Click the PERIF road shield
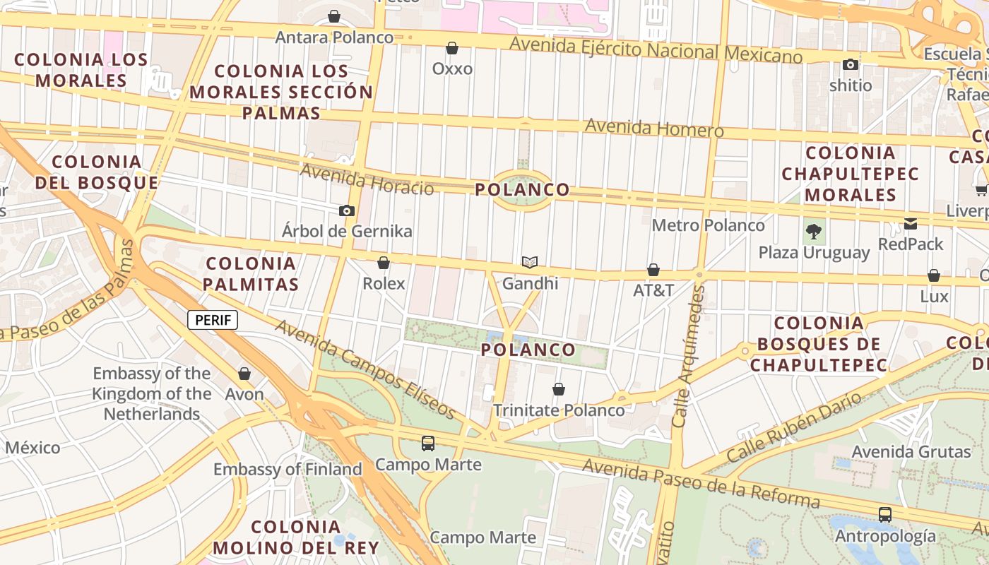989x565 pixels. [213, 320]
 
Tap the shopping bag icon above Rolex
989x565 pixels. [384, 263]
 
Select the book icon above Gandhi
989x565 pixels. [530, 262]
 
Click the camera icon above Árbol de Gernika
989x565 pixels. [346, 210]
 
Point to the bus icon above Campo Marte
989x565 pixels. [428, 444]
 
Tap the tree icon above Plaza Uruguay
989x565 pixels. [814, 231]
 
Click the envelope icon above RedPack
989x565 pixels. [911, 224]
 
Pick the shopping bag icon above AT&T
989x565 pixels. [653, 270]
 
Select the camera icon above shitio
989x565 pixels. [851, 65]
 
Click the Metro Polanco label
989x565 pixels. [708, 225]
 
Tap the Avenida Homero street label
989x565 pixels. [654, 129]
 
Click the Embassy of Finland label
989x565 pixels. [288, 469]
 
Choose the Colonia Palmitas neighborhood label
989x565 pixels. [251, 274]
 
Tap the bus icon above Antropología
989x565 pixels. [885, 514]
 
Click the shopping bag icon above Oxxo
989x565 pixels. [452, 48]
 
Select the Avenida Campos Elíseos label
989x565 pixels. [365, 368]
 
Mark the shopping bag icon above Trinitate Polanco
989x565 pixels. [559, 389]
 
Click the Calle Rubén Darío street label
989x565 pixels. [794, 427]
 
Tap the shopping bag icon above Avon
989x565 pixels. [244, 374]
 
